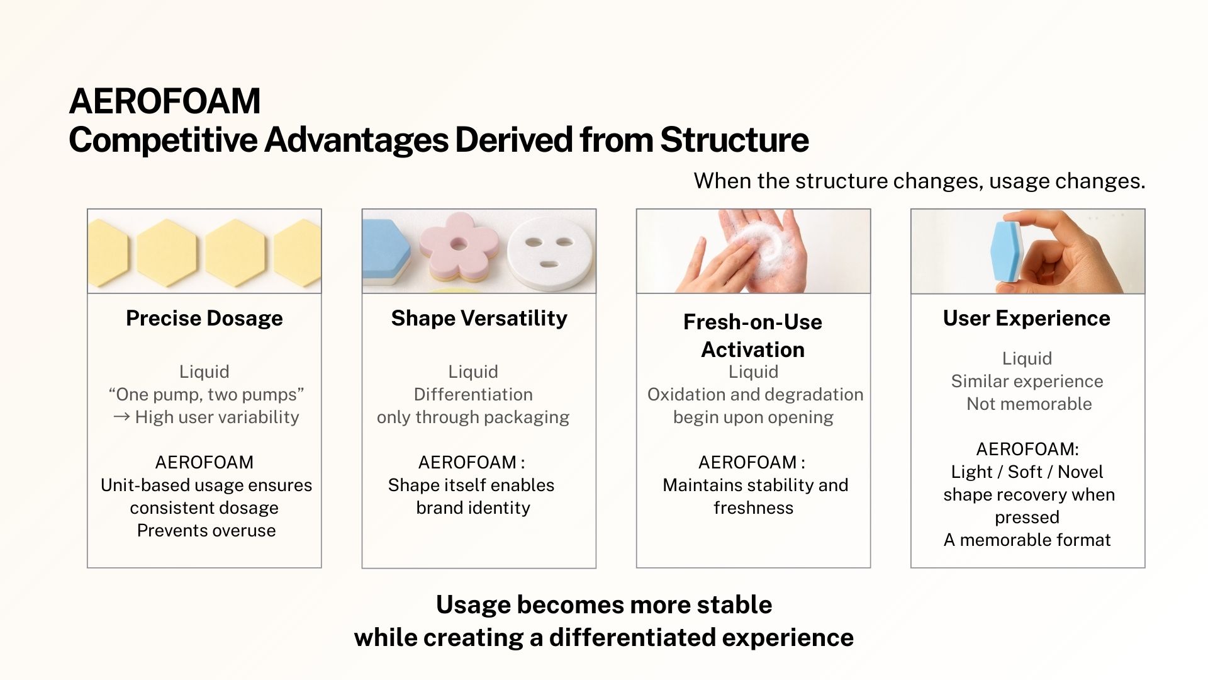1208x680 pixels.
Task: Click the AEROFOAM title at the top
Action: (x=165, y=101)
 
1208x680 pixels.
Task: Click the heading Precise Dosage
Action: (x=204, y=318)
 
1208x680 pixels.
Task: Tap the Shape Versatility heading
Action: (x=479, y=318)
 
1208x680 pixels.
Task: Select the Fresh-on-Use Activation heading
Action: (x=753, y=336)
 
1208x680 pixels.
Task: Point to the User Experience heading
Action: (x=1027, y=318)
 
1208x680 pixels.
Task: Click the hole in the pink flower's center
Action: (x=459, y=244)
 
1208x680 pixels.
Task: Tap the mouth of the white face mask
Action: (x=549, y=264)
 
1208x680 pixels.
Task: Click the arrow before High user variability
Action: (x=121, y=417)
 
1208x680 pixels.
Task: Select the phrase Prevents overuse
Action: (x=206, y=530)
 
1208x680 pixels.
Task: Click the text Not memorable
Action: (x=1029, y=404)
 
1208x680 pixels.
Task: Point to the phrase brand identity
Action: (x=473, y=507)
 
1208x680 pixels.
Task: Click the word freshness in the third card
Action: (x=754, y=507)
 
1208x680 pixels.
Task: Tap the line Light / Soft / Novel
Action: (x=1027, y=472)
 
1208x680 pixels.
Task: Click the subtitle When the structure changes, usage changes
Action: (x=919, y=181)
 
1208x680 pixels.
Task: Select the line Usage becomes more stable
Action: (x=604, y=604)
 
